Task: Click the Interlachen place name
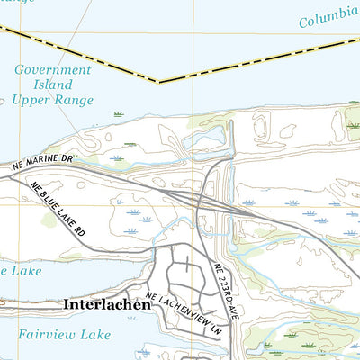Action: coord(107,305)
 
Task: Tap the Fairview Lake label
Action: coord(65,334)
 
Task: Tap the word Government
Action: coord(53,69)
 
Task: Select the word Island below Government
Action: coord(54,84)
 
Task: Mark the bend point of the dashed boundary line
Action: coord(159,82)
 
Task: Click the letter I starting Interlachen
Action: coord(67,305)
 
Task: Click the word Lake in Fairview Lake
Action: coord(94,334)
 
